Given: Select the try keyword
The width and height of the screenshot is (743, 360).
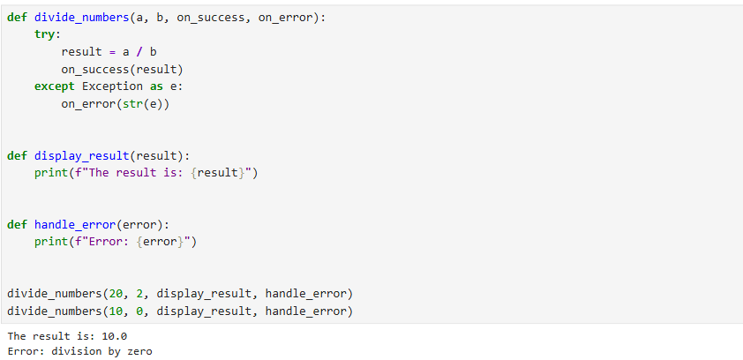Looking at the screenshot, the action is click(44, 34).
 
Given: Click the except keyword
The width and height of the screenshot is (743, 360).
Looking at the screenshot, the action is click(55, 86).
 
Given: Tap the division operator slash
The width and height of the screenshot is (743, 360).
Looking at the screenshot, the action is click(139, 52).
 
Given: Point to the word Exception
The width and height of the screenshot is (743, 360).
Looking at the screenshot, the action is click(112, 86).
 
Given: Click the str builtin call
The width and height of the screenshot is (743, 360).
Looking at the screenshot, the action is click(132, 104).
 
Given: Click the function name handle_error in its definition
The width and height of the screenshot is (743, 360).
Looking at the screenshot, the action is click(75, 224).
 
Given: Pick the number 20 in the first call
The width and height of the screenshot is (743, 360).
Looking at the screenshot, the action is click(116, 294).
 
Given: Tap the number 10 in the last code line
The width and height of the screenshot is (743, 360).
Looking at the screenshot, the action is click(116, 311).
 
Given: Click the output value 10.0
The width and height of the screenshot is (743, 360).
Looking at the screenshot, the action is click(115, 336).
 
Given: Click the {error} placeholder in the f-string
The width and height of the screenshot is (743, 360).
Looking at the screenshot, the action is click(160, 242).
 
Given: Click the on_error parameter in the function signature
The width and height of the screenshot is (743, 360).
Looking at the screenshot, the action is click(285, 18).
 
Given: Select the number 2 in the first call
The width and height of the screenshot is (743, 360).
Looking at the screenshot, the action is click(139, 294).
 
